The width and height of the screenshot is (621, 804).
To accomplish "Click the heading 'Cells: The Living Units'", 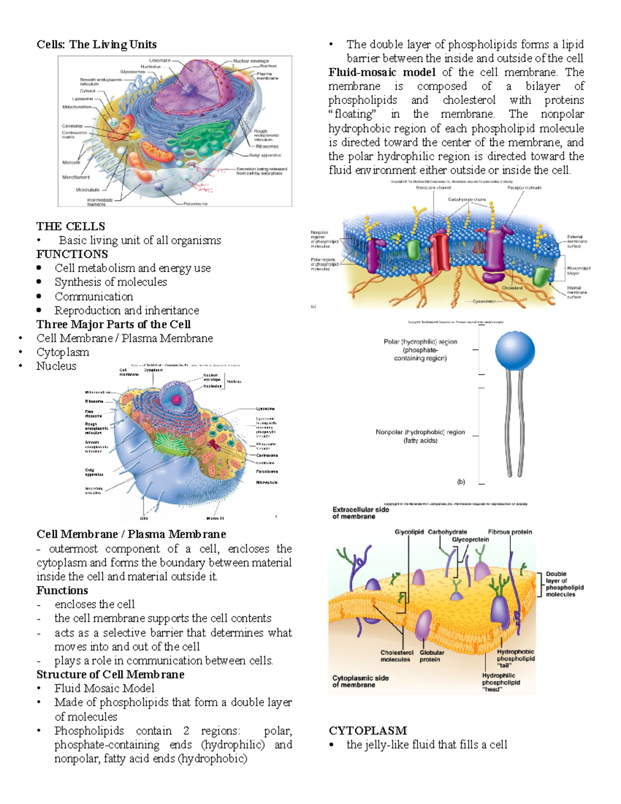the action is (96, 45).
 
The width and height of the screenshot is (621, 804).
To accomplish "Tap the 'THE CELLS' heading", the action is (70, 226).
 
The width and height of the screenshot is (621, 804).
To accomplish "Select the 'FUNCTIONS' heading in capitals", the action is (72, 254).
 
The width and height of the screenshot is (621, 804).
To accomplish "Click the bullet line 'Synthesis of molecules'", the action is (111, 282).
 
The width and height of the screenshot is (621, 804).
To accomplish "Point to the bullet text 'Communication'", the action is (94, 297).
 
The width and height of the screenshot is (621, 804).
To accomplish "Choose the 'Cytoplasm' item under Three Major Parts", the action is (63, 352).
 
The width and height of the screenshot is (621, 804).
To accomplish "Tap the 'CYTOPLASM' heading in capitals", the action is (367, 730).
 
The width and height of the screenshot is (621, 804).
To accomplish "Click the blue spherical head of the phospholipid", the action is (514, 350).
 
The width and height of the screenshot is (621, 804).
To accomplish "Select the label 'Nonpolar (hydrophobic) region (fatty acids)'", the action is (420, 436).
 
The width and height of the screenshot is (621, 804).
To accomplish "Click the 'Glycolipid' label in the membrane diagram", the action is (409, 532).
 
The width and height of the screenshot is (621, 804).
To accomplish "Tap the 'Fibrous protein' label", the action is (510, 532).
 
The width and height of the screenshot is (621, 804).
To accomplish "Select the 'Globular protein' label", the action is (432, 656).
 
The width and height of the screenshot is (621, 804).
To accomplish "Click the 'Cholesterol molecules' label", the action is (396, 656).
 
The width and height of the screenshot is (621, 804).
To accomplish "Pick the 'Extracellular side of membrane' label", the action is (360, 513).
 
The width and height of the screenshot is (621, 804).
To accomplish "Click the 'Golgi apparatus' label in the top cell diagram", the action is (265, 155).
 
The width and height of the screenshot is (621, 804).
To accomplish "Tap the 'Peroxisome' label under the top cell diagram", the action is (195, 204).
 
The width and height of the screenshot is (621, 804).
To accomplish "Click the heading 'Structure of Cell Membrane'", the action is (110, 675).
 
